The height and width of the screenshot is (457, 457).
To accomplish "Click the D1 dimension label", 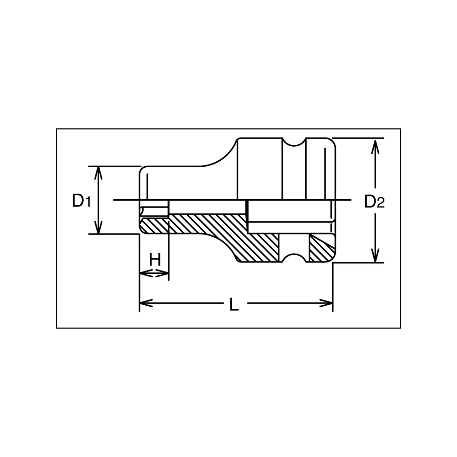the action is (82, 201).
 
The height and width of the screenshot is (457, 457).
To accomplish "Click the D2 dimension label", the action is (375, 202).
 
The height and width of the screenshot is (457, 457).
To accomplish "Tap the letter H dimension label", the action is (155, 260).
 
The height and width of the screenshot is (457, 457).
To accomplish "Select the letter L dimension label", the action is (234, 304).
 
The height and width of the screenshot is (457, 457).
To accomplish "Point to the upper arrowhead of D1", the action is (99, 173).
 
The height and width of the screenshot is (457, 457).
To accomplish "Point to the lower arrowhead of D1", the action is (99, 227).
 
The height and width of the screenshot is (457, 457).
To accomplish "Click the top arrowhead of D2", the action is (375, 145).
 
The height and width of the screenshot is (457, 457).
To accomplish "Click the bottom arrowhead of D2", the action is (375, 255).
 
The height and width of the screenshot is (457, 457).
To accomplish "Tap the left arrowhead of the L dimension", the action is (147, 303).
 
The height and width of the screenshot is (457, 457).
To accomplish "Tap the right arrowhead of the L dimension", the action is (326, 303).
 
